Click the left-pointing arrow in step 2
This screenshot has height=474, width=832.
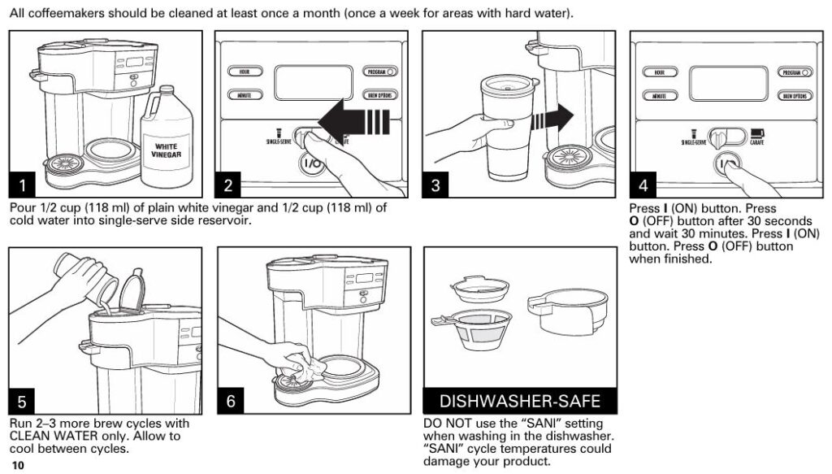(x=352, y=124)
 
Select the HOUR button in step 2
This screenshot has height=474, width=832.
(x=243, y=72)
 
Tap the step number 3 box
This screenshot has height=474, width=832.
(x=437, y=185)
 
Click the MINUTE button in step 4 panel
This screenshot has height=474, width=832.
(x=659, y=95)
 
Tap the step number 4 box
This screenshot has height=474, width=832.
(x=644, y=185)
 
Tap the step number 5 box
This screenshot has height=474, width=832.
(x=23, y=402)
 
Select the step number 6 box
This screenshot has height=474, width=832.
(x=231, y=402)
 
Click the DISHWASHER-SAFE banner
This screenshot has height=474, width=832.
(x=519, y=402)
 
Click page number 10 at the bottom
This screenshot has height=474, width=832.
(x=19, y=465)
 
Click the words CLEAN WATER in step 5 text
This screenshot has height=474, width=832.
(x=53, y=437)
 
